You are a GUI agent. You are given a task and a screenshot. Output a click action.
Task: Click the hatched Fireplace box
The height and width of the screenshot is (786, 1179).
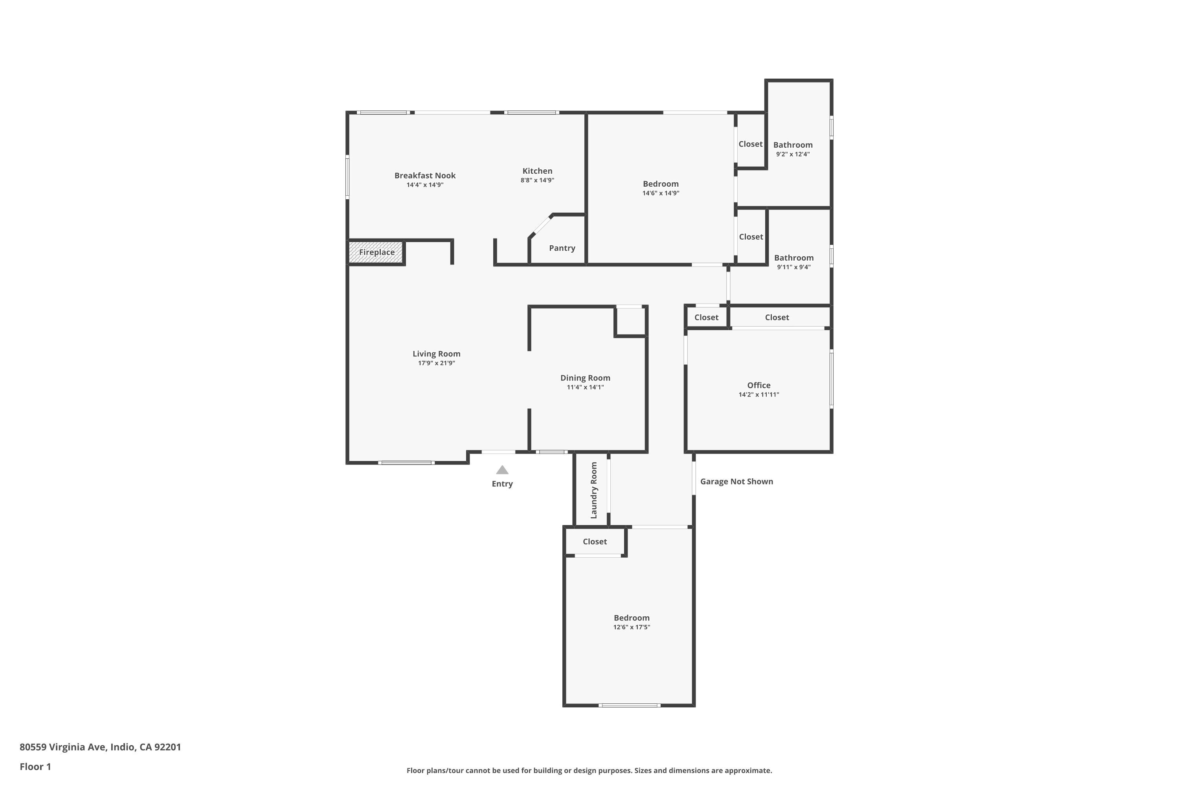[x=376, y=252]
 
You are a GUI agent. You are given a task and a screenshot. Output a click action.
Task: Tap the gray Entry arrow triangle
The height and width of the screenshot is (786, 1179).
[x=502, y=470]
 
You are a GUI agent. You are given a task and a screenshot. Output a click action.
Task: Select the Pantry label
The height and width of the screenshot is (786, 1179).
[x=562, y=248]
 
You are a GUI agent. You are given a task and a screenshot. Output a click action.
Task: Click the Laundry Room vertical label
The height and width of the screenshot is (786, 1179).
[x=593, y=490]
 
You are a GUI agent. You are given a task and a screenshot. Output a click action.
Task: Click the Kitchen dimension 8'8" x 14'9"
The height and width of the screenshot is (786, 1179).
[x=537, y=180]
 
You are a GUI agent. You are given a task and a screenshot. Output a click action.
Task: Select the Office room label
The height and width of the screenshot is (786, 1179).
[x=758, y=385]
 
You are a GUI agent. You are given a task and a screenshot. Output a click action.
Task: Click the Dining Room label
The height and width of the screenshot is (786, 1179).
[x=585, y=378]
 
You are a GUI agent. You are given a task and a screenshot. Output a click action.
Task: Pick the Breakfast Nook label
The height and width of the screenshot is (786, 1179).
[x=424, y=175]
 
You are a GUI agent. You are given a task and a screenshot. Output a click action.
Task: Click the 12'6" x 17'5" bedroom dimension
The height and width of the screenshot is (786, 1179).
[x=631, y=627]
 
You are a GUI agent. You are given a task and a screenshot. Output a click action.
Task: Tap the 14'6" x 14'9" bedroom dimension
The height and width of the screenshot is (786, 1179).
[x=660, y=193]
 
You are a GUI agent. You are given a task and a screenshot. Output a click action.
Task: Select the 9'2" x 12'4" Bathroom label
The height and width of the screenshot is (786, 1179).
[x=793, y=145]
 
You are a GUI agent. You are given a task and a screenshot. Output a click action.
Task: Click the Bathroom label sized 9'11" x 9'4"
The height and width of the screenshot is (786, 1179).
[x=793, y=258]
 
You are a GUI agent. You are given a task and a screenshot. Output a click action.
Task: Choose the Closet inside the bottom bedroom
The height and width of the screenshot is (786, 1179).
[x=595, y=542]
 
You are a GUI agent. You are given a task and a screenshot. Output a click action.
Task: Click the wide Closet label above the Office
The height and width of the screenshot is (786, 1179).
[x=777, y=317]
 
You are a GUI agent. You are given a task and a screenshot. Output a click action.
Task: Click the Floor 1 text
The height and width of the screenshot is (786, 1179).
[x=35, y=766]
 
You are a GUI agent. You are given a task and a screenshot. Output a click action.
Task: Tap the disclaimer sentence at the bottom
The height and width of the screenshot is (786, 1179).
[x=589, y=770]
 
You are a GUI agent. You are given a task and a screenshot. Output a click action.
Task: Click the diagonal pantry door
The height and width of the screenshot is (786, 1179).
[x=541, y=226]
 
